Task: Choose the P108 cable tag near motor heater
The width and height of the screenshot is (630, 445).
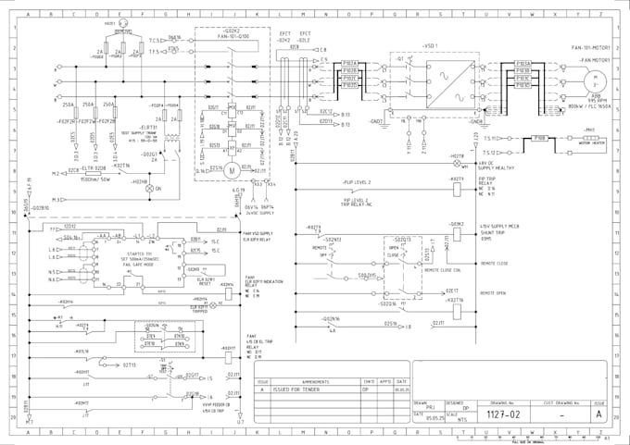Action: coord(539,138)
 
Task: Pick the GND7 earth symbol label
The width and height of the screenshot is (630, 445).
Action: coord(378,121)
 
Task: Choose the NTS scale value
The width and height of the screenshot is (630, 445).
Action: coord(461,417)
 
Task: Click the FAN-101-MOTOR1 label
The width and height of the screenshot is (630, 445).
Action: coord(590,45)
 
